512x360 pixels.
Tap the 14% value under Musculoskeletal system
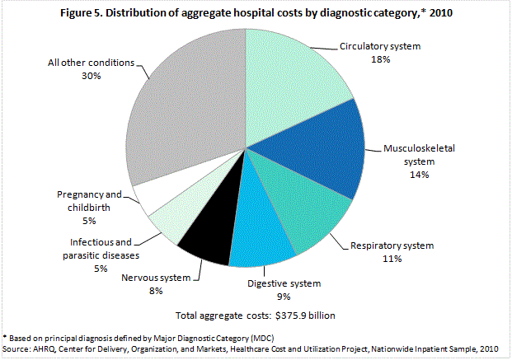420,175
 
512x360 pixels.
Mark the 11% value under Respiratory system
391,259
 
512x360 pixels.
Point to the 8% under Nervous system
157,292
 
